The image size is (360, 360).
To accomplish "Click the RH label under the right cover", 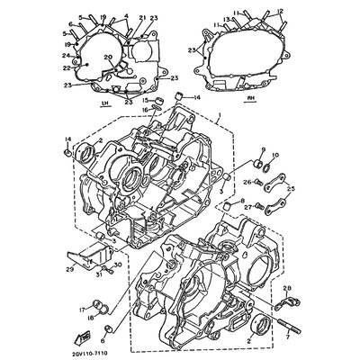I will click(249, 94).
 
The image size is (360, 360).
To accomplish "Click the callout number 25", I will click(291, 188).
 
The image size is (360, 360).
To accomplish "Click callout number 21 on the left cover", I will click(142, 17).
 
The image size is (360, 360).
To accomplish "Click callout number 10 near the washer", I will click(274, 156).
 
